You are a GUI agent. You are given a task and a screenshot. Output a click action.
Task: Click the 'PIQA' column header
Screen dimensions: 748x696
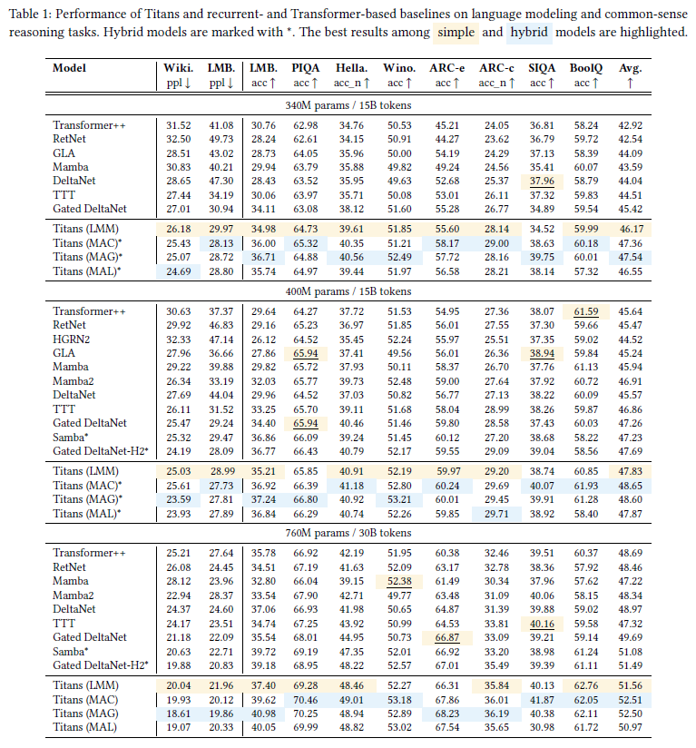[x=305, y=68]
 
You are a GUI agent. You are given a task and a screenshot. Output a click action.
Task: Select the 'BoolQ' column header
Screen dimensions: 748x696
[x=584, y=68]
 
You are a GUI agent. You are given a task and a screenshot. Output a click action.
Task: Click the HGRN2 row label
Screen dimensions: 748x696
[x=71, y=340]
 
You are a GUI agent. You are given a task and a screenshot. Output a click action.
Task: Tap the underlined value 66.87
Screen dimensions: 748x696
[x=446, y=638]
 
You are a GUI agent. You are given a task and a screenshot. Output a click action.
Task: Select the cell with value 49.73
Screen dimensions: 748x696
[x=221, y=139]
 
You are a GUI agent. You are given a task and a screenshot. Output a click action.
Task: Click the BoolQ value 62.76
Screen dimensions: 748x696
[x=584, y=684]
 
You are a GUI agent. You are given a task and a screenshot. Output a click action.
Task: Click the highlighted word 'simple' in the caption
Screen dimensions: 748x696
[x=456, y=32]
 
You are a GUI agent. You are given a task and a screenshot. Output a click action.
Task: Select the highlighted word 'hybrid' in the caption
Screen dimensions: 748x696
[x=528, y=32]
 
